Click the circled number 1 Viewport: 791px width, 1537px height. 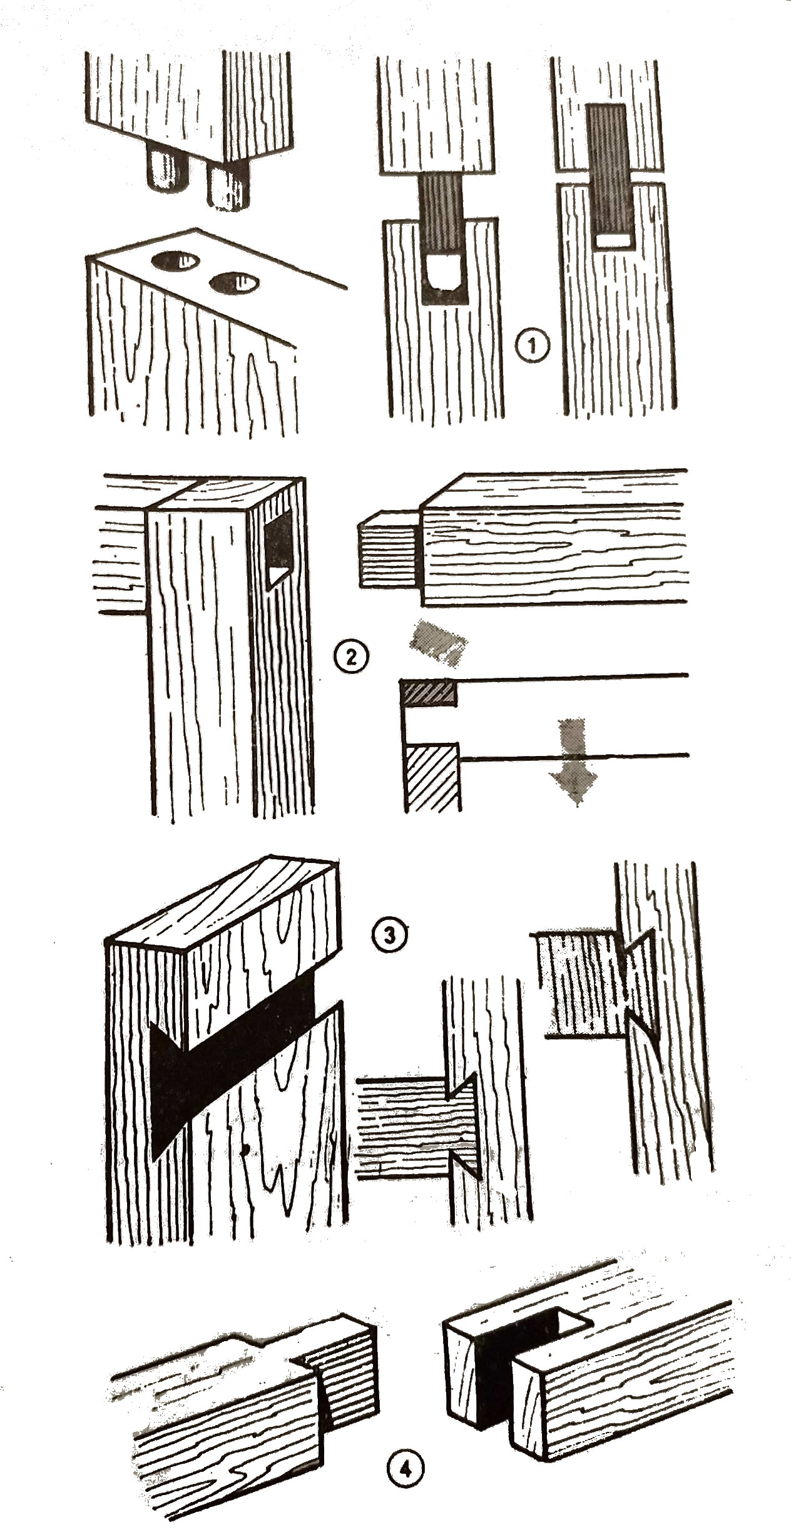pyautogui.click(x=533, y=345)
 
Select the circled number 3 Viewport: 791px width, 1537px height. pyautogui.click(x=389, y=935)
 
